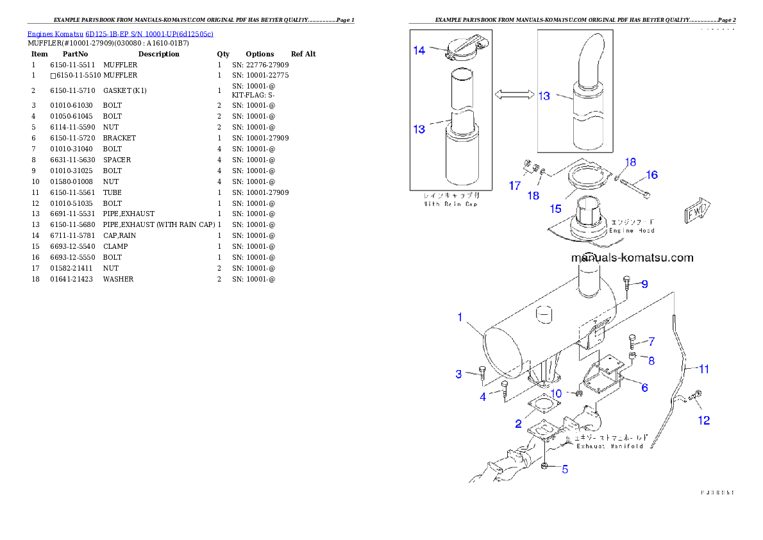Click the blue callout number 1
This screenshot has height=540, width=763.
pos(459,317)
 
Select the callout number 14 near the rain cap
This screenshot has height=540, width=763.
pos(419,50)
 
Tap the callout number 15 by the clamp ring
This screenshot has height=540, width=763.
pos(555,208)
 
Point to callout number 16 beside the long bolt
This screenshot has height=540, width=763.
pos(651,175)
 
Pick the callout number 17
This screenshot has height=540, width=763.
pos(515,185)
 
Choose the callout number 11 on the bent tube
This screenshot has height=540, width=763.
pos(703,369)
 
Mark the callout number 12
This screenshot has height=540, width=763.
pos(704,421)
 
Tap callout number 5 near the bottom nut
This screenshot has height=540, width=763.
pos(565,469)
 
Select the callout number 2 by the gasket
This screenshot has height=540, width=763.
pos(518,424)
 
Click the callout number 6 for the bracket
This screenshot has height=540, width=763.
pos(644,387)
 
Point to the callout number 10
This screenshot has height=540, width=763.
pos(556,393)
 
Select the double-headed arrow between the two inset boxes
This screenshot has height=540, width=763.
pos(514,95)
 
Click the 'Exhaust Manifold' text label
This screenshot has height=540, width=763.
pos(609,446)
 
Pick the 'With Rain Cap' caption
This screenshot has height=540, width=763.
pos(450,204)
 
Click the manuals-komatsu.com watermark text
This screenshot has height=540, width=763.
pos(632,258)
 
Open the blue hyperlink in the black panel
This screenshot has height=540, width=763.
pos(120,34)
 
